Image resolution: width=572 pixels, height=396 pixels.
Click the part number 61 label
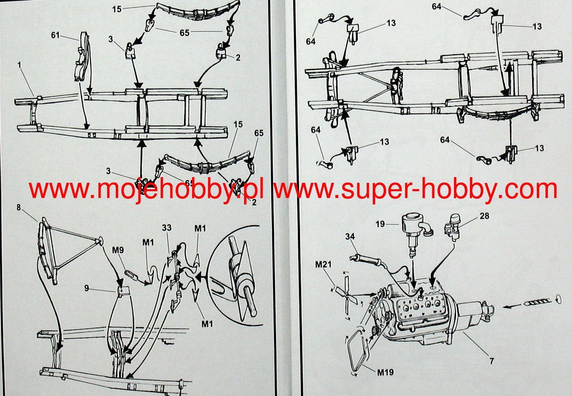[55, 35]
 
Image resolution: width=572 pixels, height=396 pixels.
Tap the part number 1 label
[19, 65]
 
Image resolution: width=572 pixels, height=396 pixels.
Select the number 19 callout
[380, 224]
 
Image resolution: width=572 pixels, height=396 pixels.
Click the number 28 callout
[484, 216]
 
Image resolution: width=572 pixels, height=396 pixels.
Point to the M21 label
[324, 264]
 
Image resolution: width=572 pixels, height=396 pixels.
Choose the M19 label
[385, 372]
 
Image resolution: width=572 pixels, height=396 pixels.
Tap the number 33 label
[167, 228]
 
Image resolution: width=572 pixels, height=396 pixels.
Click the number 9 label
[87, 288]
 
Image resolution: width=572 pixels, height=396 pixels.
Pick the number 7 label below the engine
[492, 361]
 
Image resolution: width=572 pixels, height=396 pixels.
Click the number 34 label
[350, 236]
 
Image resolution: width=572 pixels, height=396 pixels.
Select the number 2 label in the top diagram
[238, 58]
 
